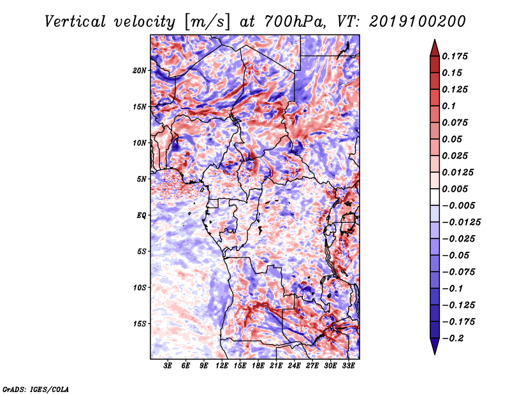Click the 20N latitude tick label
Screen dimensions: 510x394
pos(139,71)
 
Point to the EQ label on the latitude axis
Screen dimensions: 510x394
pos(142,215)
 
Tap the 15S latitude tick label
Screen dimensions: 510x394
pos(140,324)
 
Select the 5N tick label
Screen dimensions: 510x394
pos(142,179)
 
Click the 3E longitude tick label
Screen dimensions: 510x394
pos(168,366)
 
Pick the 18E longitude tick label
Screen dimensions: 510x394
pos(258,366)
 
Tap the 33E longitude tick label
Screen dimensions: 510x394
pos(348,366)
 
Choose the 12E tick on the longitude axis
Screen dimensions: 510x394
pos(222,366)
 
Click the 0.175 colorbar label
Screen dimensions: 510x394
pos(455,56)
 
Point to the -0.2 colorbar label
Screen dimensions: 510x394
pos(453,339)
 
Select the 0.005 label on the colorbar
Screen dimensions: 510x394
pos(455,189)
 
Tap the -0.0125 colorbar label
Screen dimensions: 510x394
pos(461,223)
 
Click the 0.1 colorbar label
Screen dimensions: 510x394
pos(449,106)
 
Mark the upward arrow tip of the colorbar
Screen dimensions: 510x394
pos(435,40)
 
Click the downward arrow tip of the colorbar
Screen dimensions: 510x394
pos(435,354)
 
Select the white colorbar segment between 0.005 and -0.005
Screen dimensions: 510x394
pos(435,197)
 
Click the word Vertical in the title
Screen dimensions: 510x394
pos(75,22)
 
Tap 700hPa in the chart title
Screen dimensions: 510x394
pos(295,22)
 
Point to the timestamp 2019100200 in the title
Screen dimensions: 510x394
pos(418,22)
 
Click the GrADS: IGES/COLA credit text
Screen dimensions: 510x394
pos(36,389)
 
